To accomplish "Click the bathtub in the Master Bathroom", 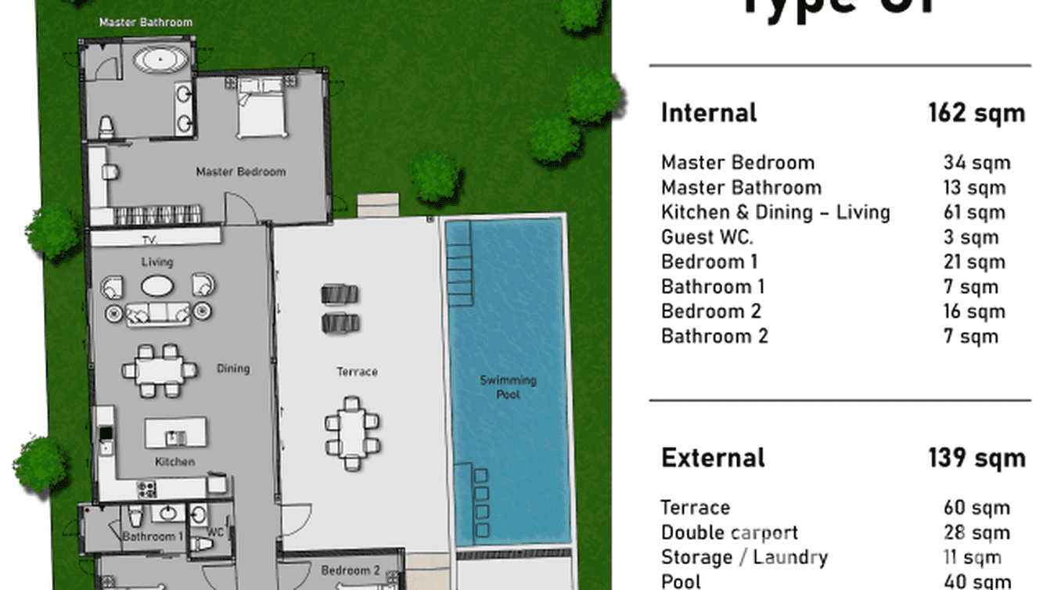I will [160, 60].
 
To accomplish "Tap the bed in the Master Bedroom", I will [262, 110].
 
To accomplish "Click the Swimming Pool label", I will [508, 387].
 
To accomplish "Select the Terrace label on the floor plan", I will [357, 372].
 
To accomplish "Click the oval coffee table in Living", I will [158, 286].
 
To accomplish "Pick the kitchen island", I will [176, 432].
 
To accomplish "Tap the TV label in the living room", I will [150, 239].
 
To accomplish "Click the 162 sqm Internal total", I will [976, 113].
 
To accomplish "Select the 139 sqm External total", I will [976, 458].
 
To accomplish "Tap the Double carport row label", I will [729, 533].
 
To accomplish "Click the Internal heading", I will [709, 113].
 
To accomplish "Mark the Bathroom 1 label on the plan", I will [153, 537].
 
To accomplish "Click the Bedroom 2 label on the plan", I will [350, 570].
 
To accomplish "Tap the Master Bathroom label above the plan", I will [146, 22].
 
